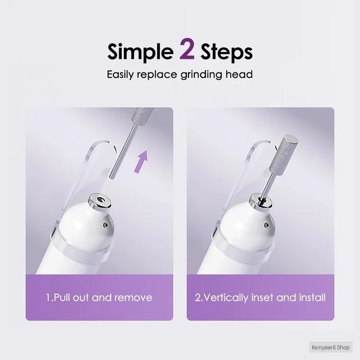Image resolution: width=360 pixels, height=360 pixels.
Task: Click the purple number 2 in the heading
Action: [187, 49]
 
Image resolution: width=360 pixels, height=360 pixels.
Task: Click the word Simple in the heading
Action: [140, 52]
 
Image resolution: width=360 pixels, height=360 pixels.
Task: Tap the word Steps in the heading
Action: [227, 52]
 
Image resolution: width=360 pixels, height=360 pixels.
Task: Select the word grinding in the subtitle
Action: [201, 75]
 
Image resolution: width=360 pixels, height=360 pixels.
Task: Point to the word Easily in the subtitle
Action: [120, 75]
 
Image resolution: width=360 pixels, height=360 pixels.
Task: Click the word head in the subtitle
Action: [239, 75]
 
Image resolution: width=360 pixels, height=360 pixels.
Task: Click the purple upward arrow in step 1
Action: [141, 161]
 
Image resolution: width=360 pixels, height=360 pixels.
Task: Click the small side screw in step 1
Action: [105, 225]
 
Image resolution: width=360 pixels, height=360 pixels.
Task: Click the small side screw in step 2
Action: [266, 225]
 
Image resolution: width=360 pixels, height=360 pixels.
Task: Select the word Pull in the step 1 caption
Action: [62, 298]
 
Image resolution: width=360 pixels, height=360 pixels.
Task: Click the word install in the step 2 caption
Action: [312, 298]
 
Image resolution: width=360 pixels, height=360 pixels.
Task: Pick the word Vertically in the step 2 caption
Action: [226, 298]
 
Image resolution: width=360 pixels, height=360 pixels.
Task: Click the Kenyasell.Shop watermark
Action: [330, 347]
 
